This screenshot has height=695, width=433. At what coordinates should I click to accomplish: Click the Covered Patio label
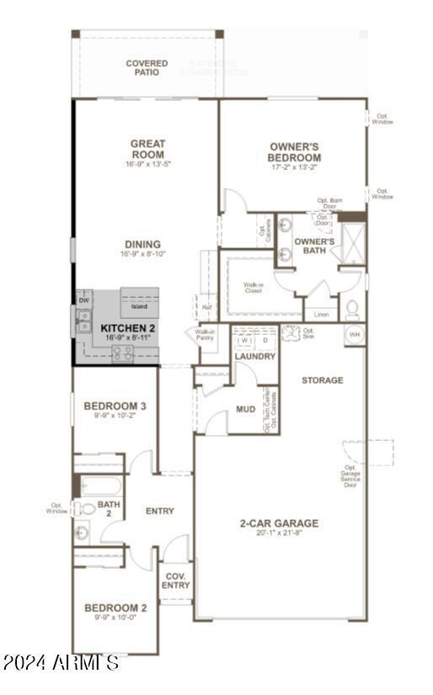[x=147, y=67]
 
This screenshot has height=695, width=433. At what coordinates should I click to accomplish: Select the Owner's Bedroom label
[x=294, y=152]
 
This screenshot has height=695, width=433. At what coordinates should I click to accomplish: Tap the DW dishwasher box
[x=83, y=300]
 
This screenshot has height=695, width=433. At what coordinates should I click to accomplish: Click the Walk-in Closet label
[x=254, y=288]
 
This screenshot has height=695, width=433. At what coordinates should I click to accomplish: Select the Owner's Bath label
[x=314, y=246]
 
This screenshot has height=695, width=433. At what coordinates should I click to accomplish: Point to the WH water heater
[x=354, y=334]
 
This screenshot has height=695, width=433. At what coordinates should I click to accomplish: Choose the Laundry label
[x=254, y=357]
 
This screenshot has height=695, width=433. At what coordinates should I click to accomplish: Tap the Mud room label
[x=245, y=410]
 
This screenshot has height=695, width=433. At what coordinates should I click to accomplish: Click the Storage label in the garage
[x=323, y=380]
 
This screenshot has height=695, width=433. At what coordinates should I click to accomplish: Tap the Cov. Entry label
[x=175, y=581]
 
